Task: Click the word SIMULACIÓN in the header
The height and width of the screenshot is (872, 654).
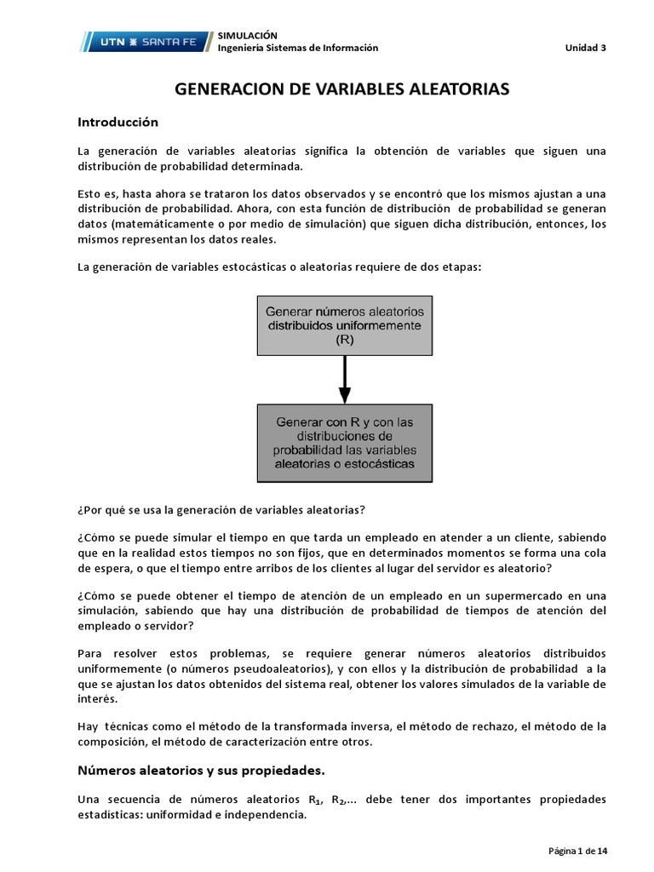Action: pyautogui.click(x=248, y=35)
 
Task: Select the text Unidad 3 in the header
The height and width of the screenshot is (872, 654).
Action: pyautogui.click(x=586, y=48)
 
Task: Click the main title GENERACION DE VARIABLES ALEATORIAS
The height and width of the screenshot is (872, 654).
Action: pyautogui.click(x=341, y=89)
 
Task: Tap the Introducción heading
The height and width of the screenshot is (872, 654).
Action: pyautogui.click(x=118, y=122)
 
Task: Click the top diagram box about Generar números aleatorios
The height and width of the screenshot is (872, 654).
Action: pyautogui.click(x=345, y=324)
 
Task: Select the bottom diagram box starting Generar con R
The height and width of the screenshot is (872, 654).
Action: pyautogui.click(x=345, y=443)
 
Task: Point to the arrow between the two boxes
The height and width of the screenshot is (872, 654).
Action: pyautogui.click(x=345, y=379)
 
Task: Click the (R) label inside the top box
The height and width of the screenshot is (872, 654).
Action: pyautogui.click(x=345, y=339)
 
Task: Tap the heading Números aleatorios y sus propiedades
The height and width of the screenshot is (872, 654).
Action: pyautogui.click(x=201, y=771)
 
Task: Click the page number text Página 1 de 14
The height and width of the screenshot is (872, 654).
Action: pyautogui.click(x=577, y=851)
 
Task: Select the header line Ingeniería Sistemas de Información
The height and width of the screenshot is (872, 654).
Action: pyautogui.click(x=298, y=48)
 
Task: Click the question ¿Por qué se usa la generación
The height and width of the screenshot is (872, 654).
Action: pyautogui.click(x=221, y=510)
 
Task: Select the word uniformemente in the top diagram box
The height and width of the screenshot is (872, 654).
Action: pyautogui.click(x=382, y=325)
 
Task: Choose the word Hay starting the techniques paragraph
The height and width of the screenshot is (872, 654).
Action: pyautogui.click(x=87, y=726)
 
